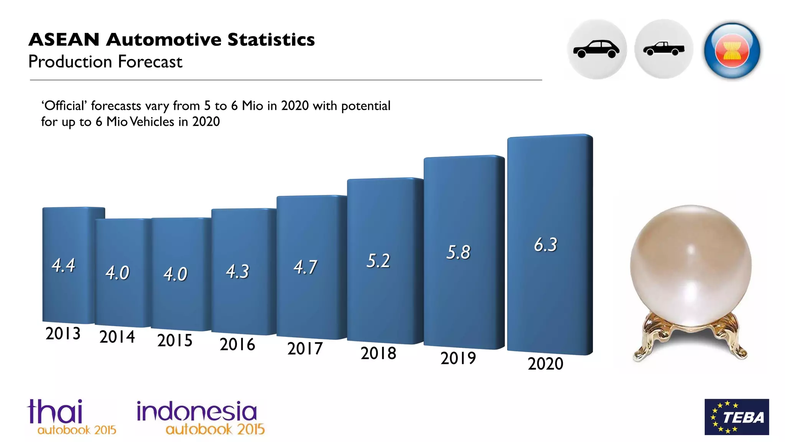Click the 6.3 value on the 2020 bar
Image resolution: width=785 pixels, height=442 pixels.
(x=545, y=245)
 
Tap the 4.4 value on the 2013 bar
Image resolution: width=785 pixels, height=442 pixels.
(x=64, y=265)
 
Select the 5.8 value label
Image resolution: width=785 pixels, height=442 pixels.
(x=458, y=252)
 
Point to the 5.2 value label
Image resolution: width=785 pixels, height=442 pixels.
(x=378, y=261)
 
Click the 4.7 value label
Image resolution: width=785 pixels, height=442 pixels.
(x=305, y=267)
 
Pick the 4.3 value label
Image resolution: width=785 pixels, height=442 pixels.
(x=238, y=272)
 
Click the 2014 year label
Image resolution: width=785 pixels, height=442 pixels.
(x=117, y=337)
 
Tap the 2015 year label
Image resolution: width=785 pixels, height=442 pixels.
(x=175, y=340)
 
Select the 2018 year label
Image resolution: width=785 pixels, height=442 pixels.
(x=378, y=353)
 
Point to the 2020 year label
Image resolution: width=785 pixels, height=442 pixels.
(x=545, y=364)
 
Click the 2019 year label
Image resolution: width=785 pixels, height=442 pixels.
(x=458, y=358)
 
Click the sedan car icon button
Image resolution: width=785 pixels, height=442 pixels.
(x=596, y=49)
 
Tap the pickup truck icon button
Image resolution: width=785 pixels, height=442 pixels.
(x=663, y=49)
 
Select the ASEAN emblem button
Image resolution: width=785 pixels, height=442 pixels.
(x=732, y=50)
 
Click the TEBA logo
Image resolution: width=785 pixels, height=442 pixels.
(x=736, y=417)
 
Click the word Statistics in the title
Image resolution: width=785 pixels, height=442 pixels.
(x=271, y=40)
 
